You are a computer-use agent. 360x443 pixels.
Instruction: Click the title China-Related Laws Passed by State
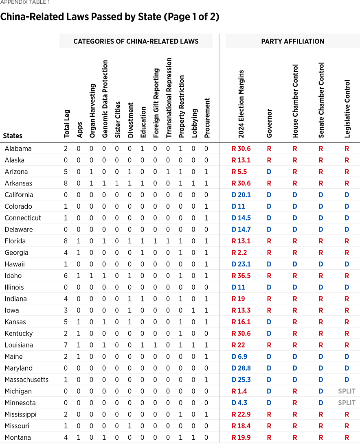110,17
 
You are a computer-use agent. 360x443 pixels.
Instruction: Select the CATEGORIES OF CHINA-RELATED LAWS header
136,41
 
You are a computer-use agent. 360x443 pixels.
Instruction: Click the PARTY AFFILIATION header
292,41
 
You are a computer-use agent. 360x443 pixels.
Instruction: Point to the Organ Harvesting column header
92,111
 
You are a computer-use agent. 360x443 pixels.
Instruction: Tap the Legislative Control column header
347,109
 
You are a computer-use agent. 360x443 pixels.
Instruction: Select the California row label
19,195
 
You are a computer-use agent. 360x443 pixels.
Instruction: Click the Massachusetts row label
26,380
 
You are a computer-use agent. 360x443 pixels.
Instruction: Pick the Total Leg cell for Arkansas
66,183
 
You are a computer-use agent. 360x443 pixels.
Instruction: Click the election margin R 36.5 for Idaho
241,275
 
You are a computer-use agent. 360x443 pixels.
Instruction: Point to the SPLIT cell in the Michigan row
347,391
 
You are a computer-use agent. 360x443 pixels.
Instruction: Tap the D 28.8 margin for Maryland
241,368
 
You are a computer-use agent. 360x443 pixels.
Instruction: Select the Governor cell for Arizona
269,172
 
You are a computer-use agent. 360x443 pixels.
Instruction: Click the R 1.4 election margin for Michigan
239,391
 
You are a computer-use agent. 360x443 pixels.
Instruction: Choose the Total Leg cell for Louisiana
66,345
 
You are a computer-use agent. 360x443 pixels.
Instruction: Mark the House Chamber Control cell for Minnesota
295,403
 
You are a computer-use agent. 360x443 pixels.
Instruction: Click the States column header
13,135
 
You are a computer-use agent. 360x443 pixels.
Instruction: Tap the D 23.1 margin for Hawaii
241,264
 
